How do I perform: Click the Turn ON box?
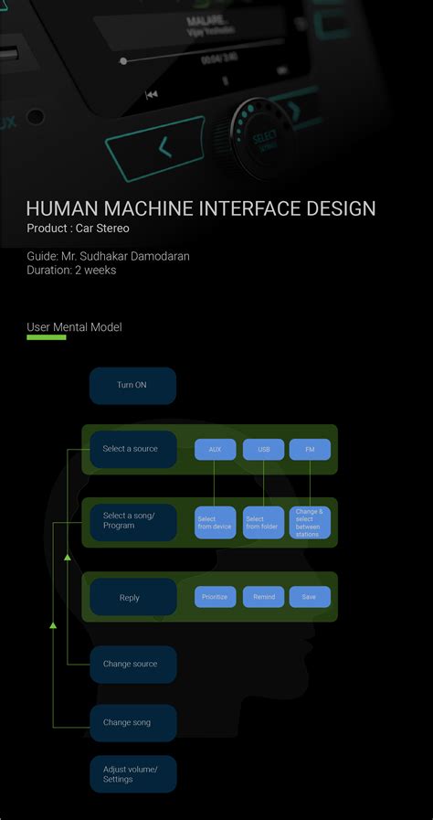pos(132,386)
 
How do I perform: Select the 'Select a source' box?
pos(132,449)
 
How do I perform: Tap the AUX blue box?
pos(215,450)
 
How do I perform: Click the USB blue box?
pos(264,450)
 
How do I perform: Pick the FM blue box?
pos(310,450)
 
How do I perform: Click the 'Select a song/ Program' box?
pos(132,522)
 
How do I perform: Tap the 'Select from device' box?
pos(215,523)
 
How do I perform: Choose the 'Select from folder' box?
pos(264,523)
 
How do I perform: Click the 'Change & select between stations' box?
pos(310,523)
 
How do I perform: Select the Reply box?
pos(132,597)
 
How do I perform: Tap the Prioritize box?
pos(215,597)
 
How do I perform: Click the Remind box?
pos(264,597)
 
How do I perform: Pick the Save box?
pos(310,597)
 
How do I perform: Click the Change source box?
pos(132,665)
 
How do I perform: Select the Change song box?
pos(132,723)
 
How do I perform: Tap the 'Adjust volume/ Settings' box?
pos(132,774)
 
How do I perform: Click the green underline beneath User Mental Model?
pos(47,337)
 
